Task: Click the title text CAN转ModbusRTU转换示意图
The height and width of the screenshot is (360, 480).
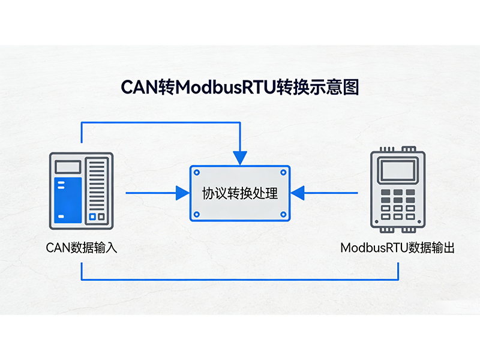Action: (x=240, y=87)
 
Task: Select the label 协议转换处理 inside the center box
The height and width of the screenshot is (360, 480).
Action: (x=240, y=193)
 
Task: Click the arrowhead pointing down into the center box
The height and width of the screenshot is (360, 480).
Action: (x=240, y=158)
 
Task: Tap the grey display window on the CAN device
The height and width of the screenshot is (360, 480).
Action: (x=67, y=167)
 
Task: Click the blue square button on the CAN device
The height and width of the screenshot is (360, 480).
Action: (x=92, y=217)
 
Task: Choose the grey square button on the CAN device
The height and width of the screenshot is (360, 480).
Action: (x=101, y=217)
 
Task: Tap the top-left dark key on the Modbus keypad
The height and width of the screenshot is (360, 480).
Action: (x=385, y=194)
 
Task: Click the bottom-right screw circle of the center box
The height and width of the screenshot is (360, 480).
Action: (x=283, y=214)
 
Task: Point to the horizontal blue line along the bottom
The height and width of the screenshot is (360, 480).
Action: (x=240, y=280)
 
